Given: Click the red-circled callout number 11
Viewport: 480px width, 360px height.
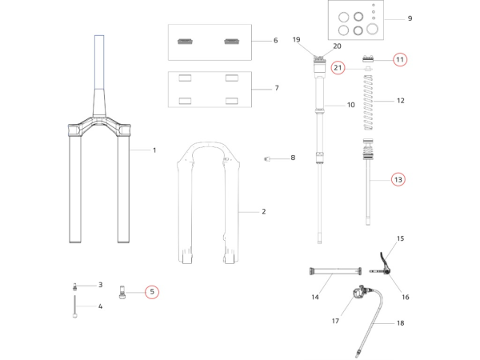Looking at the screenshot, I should [x=400, y=59].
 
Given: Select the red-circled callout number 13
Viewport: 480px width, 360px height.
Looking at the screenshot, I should [x=398, y=180].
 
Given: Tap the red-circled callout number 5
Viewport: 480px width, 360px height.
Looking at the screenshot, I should [x=152, y=292].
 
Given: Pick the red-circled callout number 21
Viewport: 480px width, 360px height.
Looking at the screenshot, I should [x=338, y=68].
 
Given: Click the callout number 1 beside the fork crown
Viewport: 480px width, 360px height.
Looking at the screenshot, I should [x=154, y=150].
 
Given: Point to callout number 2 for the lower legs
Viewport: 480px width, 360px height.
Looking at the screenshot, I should [x=263, y=211].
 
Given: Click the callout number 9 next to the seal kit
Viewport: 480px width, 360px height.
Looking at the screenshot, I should [x=410, y=18].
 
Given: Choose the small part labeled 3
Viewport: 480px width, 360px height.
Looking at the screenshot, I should [x=75, y=286].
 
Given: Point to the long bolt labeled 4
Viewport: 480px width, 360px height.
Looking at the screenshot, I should [x=74, y=306].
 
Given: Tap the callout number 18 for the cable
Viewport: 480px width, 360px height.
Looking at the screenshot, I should [x=401, y=323].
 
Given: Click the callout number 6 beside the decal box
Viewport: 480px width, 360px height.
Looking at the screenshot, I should [x=275, y=40].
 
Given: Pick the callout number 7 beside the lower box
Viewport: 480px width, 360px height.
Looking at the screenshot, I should [x=275, y=88].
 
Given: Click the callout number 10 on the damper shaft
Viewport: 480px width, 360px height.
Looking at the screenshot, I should [x=350, y=105].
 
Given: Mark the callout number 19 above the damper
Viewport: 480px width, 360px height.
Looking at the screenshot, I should [x=296, y=39].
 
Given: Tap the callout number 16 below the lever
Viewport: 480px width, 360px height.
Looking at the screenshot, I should [x=405, y=297].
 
